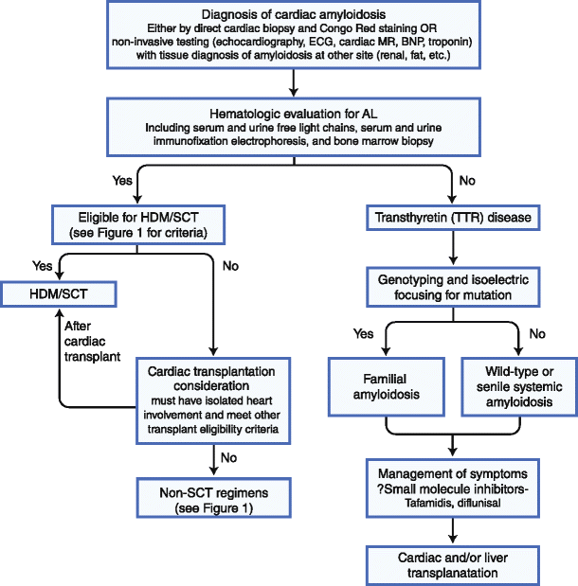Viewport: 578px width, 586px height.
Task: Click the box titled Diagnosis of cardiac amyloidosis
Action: [x=294, y=35]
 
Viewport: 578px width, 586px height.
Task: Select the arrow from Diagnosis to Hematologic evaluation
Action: [x=294, y=82]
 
